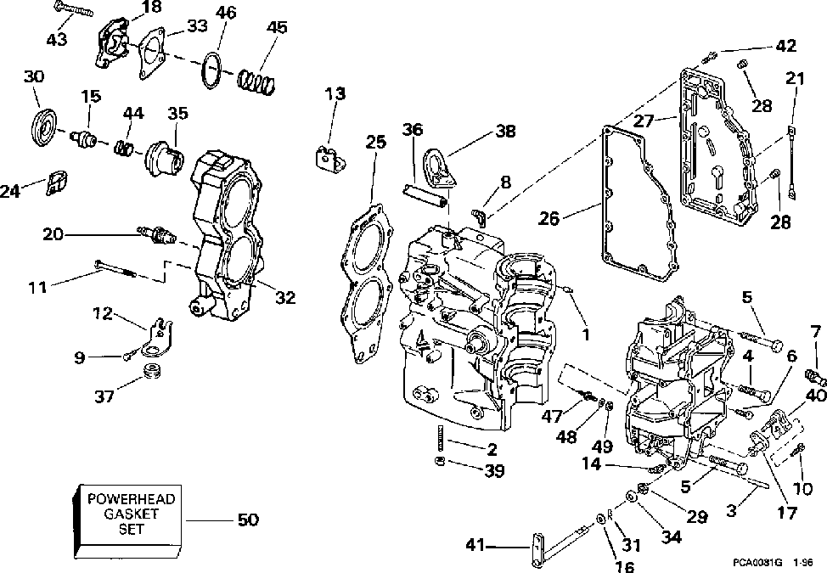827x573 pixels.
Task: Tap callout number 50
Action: (x=247, y=520)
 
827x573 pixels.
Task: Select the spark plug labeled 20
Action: (x=156, y=234)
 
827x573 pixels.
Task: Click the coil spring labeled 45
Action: (x=256, y=81)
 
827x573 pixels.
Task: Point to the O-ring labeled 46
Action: (x=212, y=70)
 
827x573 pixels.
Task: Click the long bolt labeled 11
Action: (x=115, y=267)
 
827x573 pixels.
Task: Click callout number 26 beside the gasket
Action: (x=548, y=217)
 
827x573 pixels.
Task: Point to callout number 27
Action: (x=643, y=121)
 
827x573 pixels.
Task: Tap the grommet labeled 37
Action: (x=153, y=370)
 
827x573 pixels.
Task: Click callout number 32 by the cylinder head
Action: (x=285, y=297)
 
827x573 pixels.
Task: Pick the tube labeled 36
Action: (x=425, y=195)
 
